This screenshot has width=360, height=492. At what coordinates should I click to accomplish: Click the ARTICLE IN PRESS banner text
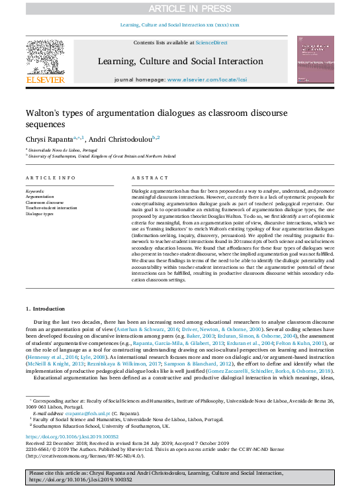tap(180, 8)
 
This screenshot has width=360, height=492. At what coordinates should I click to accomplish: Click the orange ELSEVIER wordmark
tap(45, 79)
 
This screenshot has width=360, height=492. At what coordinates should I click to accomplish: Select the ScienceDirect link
tap(211, 42)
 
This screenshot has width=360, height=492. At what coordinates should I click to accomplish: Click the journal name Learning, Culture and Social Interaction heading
tap(180, 62)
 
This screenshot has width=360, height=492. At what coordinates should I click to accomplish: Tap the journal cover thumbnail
tap(315, 60)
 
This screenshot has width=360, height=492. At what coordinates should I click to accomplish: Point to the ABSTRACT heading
tap(146, 179)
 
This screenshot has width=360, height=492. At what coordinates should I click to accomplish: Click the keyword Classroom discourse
tap(45, 203)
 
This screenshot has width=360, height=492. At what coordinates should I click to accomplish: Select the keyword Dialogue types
tap(40, 214)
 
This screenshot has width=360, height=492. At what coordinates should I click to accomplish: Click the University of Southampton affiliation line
tap(101, 156)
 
